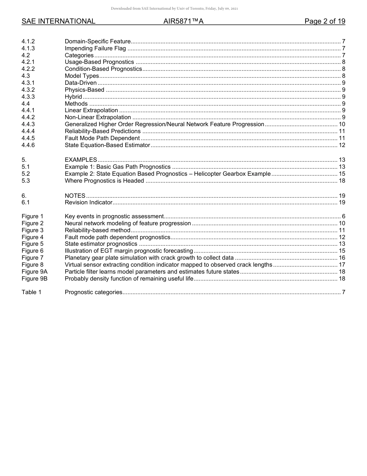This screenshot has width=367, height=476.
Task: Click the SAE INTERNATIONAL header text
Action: [58, 21]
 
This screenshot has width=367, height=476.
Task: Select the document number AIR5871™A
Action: [183, 21]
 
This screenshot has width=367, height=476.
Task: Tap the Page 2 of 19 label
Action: [325, 21]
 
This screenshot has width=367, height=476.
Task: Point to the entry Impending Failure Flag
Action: [95, 48]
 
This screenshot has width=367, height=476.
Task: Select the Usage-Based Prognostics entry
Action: [99, 62]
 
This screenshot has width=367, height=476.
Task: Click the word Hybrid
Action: [73, 97]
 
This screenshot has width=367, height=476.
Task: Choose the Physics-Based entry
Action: [84, 90]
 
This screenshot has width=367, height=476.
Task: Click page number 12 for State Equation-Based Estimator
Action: [342, 145]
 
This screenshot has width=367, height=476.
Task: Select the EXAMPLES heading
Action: [81, 160]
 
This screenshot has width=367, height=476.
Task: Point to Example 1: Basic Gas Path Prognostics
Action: [117, 167]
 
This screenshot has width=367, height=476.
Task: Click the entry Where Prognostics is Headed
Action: [104, 181]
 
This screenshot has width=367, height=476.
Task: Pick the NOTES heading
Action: [75, 196]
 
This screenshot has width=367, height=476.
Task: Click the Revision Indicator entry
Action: [88, 202]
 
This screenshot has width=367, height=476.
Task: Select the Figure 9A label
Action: [34, 272]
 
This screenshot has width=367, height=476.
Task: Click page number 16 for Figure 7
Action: [342, 258]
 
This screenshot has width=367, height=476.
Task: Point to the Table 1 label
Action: [31, 292]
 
